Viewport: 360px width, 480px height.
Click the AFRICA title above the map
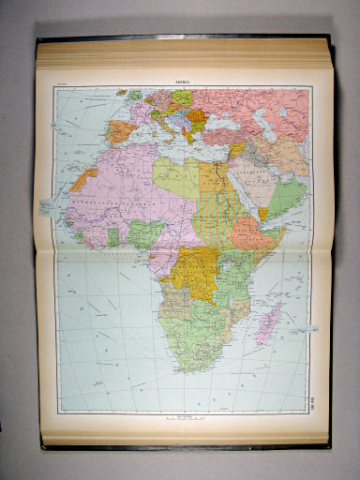coord(181,82)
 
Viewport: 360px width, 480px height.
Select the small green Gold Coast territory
coord(112,236)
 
